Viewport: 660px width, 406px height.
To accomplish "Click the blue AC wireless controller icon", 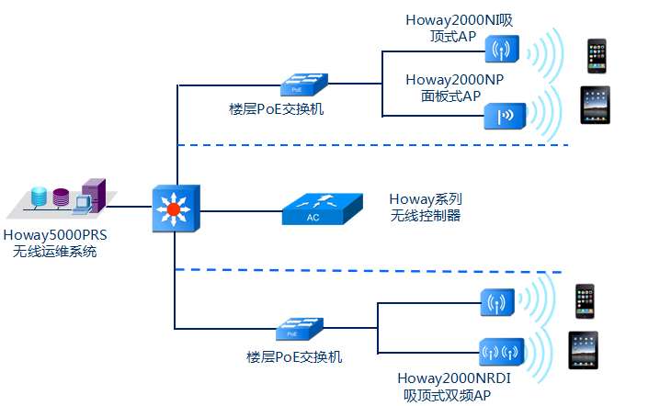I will [314, 210].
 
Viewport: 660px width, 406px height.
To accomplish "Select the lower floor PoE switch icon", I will [297, 330].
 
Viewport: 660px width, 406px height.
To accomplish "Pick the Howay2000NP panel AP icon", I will [504, 115].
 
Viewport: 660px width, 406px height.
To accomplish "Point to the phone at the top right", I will [597, 55].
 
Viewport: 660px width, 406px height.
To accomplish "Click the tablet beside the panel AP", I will [595, 105].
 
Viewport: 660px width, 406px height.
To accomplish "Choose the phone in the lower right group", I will [585, 301].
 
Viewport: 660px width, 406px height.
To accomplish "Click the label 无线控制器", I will [425, 216].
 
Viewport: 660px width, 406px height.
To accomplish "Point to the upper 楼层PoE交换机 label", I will [276, 109].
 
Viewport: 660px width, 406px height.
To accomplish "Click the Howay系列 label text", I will [425, 198].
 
